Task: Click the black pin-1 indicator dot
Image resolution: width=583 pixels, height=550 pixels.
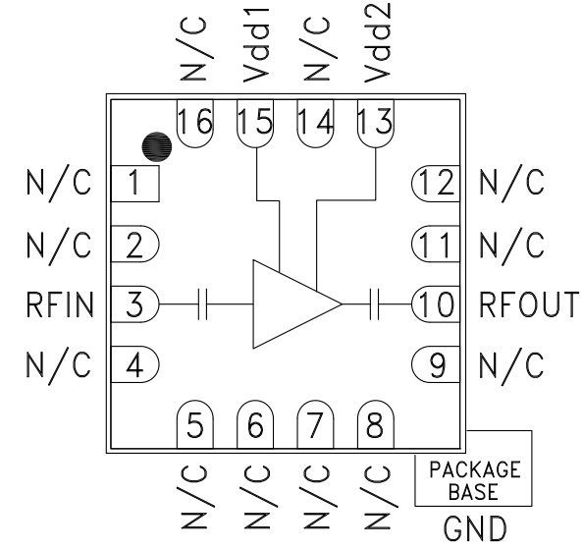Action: [x=157, y=147]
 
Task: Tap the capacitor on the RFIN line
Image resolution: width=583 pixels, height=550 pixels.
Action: [x=202, y=304]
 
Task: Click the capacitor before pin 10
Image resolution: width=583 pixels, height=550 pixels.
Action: [x=375, y=304]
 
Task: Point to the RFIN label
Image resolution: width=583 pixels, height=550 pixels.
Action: [x=60, y=304]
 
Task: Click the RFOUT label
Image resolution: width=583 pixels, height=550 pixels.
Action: [x=529, y=304]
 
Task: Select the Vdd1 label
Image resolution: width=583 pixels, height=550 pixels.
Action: [x=256, y=41]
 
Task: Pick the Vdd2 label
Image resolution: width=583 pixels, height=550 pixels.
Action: [x=378, y=42]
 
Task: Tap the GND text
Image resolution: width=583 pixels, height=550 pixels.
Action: [x=475, y=528]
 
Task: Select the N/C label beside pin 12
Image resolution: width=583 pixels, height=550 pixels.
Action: [x=511, y=184]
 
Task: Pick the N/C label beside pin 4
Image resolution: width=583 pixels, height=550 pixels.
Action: [x=58, y=364]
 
